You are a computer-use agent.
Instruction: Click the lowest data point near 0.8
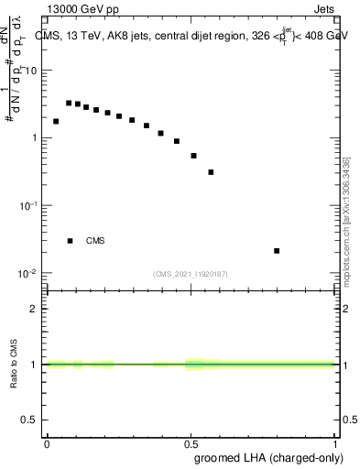pyautogui.click(x=277, y=250)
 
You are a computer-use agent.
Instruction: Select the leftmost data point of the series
pyautogui.click(x=56, y=121)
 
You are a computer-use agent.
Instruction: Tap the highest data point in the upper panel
pyautogui.click(x=69, y=103)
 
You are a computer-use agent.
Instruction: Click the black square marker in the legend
pyautogui.click(x=70, y=241)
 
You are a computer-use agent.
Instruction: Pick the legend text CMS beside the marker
pyautogui.click(x=95, y=241)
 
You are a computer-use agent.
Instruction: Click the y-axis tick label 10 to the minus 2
pyautogui.click(x=30, y=273)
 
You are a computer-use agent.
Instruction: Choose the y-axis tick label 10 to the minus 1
pyautogui.click(x=30, y=205)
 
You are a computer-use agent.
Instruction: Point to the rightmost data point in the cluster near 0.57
pyautogui.click(x=211, y=171)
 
